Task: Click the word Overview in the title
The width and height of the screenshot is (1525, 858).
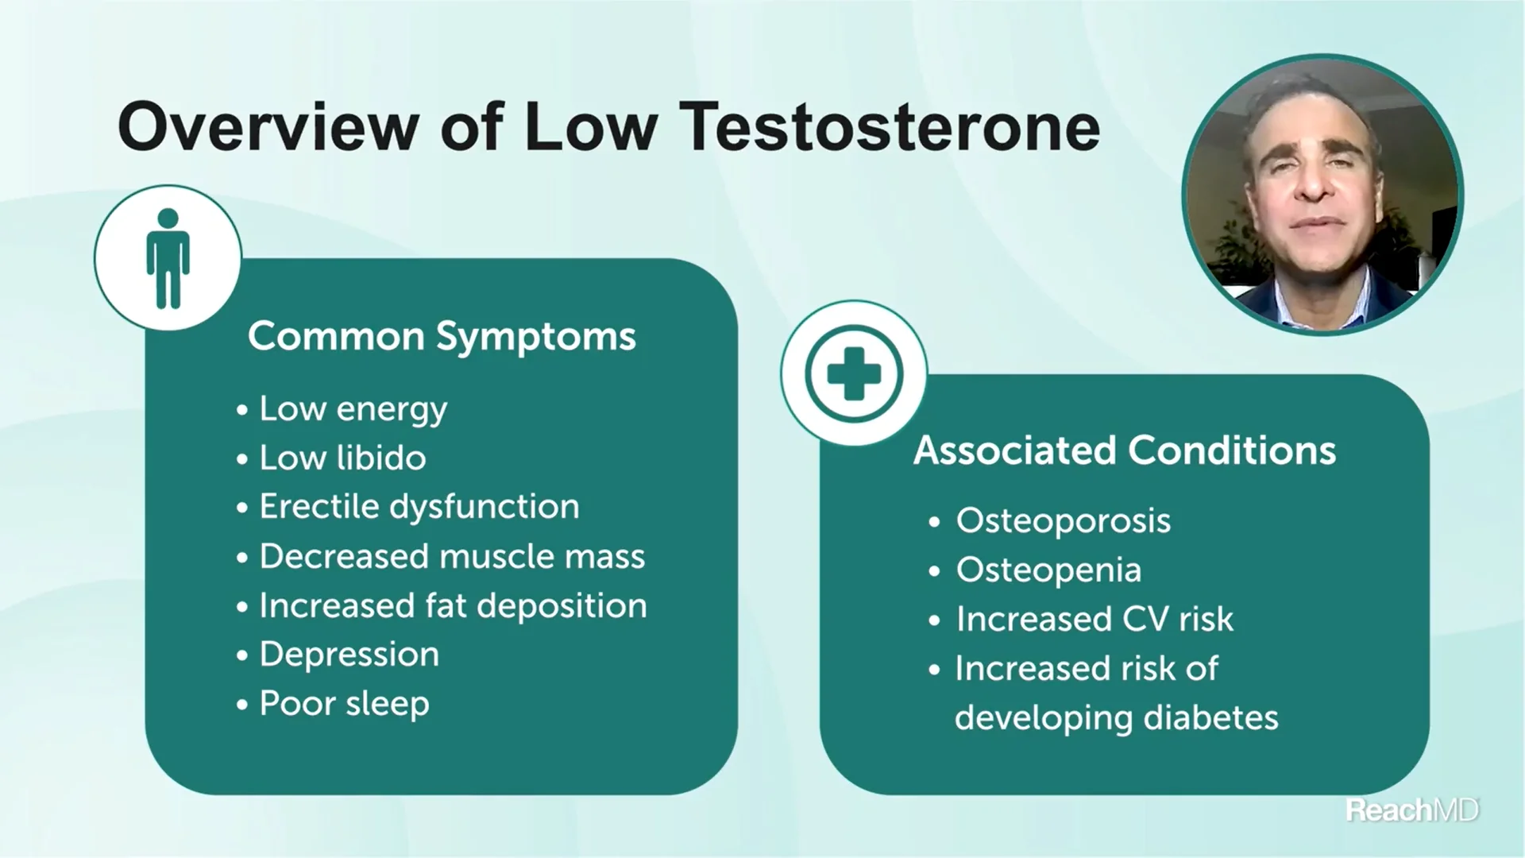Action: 268,127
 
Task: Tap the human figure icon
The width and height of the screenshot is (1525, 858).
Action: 168,258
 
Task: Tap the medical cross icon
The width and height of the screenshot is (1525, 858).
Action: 854,373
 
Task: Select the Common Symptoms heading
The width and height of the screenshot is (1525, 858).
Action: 442,336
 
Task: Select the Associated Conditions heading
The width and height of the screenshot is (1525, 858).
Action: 1125,450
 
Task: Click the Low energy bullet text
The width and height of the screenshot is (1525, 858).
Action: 353,409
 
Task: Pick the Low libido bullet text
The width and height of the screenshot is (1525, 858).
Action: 342,458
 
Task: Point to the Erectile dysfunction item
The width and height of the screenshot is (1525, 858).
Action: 419,507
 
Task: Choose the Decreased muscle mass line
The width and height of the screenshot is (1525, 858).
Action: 452,556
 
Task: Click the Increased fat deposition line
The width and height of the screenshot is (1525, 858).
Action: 453,605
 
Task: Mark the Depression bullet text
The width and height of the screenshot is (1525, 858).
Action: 349,655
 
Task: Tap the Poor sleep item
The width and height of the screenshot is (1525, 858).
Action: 344,704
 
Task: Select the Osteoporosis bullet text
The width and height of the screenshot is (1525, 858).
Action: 1063,521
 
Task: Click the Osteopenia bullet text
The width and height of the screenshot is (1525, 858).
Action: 1048,570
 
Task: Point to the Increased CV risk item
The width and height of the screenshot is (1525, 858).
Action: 1095,620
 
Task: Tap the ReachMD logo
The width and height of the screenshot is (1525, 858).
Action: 1411,810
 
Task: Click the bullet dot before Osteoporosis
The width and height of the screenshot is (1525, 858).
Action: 934,523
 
